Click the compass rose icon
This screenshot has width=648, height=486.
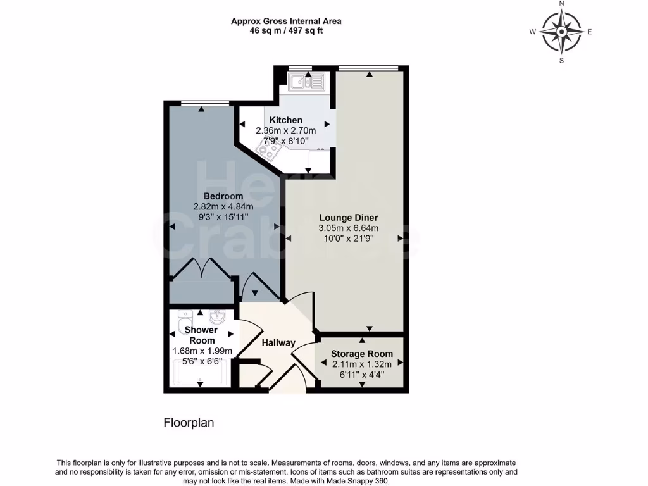coord(561,32)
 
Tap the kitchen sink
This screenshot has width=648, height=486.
coord(305,80)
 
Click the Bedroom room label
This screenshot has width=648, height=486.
coord(223,196)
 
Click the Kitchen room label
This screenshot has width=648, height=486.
coord(285,120)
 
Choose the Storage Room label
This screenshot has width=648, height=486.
coord(362,354)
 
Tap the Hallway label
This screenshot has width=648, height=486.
coord(278,343)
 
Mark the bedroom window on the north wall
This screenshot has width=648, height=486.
coord(204,103)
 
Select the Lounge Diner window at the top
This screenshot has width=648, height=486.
coord(368,68)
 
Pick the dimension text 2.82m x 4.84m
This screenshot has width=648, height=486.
coord(223,206)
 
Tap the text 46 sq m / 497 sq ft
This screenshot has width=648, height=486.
coord(286,30)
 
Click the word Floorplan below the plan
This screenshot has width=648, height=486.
coord(189,423)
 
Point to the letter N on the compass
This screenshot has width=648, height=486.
coord(561,4)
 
